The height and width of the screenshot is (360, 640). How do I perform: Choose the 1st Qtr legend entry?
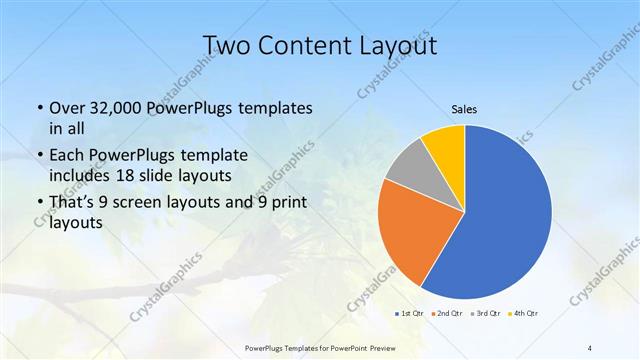[409, 314]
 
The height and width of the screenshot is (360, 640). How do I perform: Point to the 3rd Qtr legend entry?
[487, 314]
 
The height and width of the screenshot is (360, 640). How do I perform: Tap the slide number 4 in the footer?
[589, 348]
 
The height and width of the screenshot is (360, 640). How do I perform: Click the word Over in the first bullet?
[66, 108]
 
